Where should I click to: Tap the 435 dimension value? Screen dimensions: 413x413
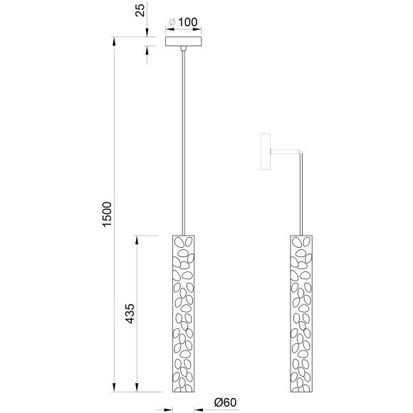click(130, 313)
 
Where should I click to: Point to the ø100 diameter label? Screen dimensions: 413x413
click(183, 22)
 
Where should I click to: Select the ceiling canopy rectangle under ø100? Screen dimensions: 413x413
click(184, 42)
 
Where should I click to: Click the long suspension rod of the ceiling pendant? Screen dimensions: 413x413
click(184, 142)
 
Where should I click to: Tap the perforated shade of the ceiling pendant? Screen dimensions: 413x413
click(184, 313)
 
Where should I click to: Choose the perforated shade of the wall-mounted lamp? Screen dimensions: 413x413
click(300, 313)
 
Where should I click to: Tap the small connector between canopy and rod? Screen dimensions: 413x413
click(184, 49)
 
